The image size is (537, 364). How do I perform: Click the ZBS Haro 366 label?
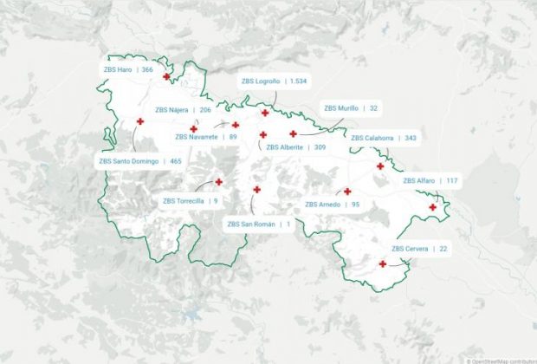(128, 69)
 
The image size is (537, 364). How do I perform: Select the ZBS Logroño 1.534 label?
(275, 81)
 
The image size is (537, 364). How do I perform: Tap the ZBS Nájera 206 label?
(184, 110)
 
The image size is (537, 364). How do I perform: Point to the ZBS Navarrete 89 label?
(206, 137)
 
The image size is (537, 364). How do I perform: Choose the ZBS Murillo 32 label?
(351, 108)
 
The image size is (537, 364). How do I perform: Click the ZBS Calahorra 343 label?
(384, 138)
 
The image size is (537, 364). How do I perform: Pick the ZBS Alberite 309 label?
(296, 147)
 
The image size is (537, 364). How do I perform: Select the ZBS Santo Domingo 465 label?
(140, 161)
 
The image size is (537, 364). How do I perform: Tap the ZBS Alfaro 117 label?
(430, 180)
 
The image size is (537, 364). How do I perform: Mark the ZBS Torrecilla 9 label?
(191, 201)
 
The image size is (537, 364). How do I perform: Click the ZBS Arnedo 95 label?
(333, 205)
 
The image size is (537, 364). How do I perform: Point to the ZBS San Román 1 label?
(259, 224)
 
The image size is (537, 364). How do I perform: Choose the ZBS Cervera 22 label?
(420, 249)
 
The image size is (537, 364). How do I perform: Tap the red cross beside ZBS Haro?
(166, 76)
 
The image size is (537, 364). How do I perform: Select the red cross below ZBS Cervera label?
(383, 263)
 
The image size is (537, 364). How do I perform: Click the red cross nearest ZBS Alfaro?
(433, 207)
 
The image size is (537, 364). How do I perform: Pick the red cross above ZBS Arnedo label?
(347, 192)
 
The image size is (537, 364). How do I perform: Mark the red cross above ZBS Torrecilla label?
(219, 182)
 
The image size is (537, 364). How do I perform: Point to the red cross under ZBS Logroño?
(264, 113)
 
